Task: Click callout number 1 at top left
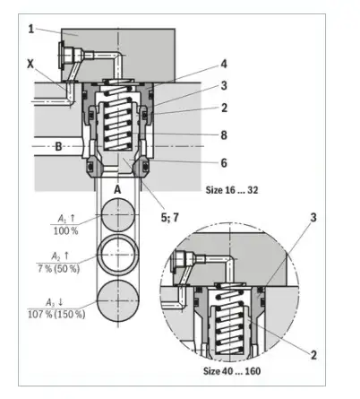click(x=31, y=29)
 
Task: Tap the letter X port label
click(x=30, y=64)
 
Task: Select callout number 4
click(x=224, y=64)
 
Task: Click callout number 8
click(x=224, y=135)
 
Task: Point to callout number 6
click(x=224, y=163)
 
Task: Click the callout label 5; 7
click(x=170, y=217)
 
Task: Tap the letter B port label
click(x=58, y=146)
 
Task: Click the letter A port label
click(x=118, y=189)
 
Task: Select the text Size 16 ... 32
click(x=232, y=190)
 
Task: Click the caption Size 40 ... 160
click(x=232, y=371)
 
